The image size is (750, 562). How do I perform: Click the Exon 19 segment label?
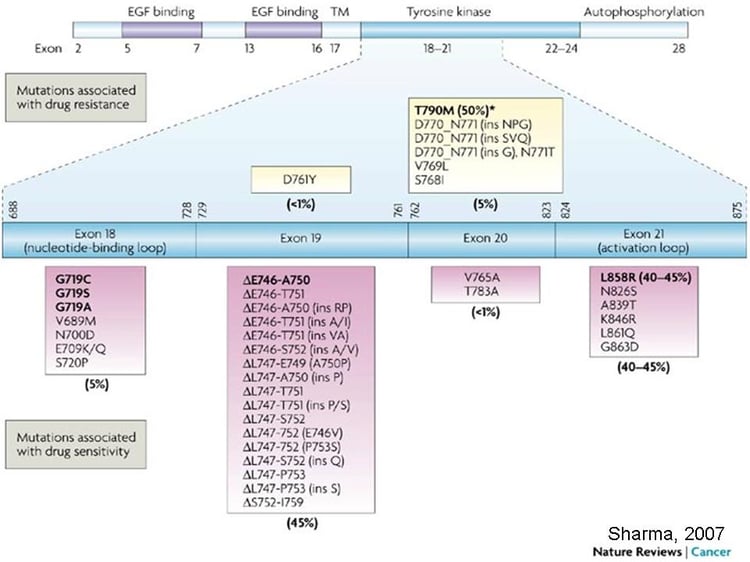click(300, 240)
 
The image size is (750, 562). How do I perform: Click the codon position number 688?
click(13, 207)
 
